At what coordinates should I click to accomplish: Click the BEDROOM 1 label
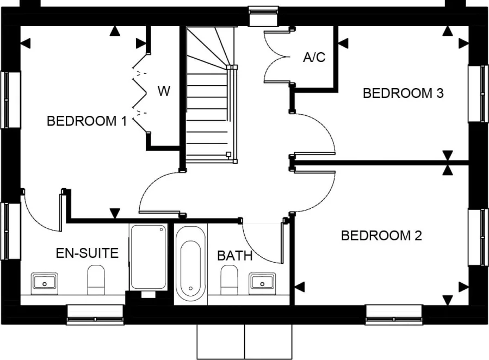[86, 121]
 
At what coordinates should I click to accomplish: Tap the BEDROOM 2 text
[381, 236]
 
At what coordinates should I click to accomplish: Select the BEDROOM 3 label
[403, 93]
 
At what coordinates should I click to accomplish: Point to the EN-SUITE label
[87, 253]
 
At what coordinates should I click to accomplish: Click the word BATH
[235, 256]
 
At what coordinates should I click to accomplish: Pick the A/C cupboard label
[314, 57]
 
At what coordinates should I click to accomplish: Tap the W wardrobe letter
[164, 91]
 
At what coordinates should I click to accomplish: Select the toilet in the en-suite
[96, 280]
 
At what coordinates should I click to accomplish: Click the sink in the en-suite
[45, 282]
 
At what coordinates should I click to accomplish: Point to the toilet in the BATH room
[229, 280]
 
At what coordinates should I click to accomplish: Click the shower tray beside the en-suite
[147, 257]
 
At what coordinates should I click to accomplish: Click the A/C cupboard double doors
[276, 57]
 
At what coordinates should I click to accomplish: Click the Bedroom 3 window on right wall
[478, 94]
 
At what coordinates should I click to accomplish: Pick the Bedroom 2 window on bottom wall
[394, 314]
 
